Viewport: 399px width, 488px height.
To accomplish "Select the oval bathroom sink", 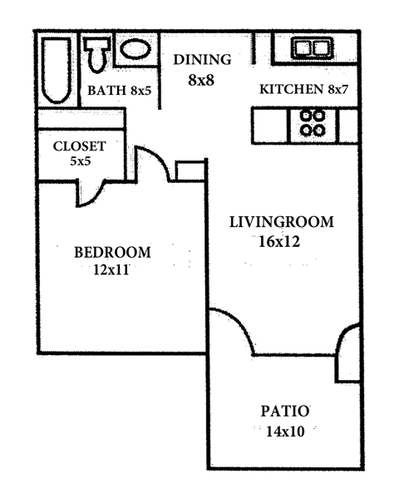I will [135, 50].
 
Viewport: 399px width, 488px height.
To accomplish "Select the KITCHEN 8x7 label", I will [300, 90].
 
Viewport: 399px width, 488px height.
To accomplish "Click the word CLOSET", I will [79, 146].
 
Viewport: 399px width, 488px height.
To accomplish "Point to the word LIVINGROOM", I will [281, 223].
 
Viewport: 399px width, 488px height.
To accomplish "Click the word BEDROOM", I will [112, 253].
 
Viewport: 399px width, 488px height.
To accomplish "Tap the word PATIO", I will [285, 412].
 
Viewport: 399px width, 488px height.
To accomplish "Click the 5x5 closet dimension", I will [80, 161].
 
